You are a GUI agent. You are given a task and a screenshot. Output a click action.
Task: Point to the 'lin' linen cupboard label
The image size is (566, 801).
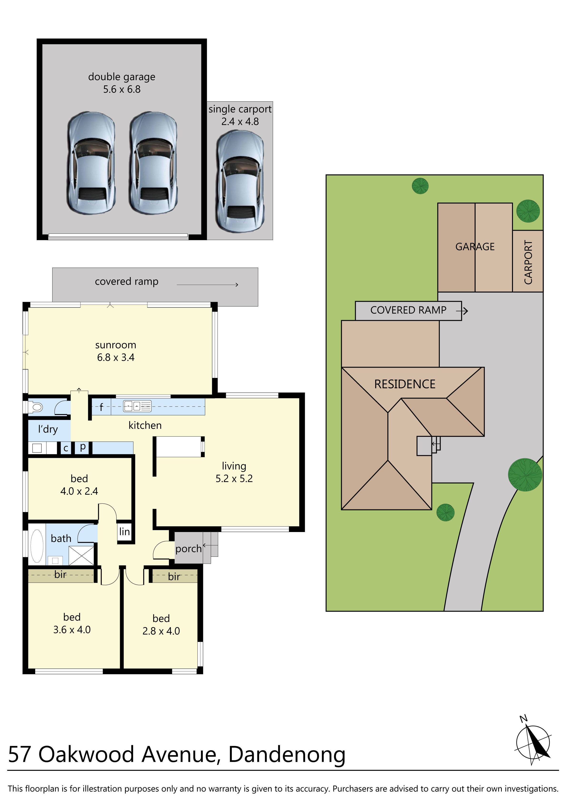124,532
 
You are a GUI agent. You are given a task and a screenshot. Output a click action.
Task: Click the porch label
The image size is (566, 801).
188,549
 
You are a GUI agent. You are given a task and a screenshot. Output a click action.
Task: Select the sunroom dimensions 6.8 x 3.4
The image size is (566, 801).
116,358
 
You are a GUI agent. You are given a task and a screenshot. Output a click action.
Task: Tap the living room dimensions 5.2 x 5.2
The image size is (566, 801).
234,479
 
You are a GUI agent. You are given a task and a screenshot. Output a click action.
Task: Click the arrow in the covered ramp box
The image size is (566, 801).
207,285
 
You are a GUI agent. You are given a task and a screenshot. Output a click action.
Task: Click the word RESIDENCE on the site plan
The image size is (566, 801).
405,384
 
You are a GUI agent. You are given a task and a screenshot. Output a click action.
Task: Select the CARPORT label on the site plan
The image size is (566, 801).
528,262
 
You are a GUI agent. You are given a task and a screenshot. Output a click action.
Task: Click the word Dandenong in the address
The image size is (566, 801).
287,755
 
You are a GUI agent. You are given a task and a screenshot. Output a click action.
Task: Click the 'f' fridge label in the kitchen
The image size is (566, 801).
101,407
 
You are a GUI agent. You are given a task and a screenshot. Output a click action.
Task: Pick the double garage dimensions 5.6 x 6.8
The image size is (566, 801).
122,89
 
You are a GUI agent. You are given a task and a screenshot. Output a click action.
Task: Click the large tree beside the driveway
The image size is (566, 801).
524,475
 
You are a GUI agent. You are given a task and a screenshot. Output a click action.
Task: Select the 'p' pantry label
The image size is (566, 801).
83,447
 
